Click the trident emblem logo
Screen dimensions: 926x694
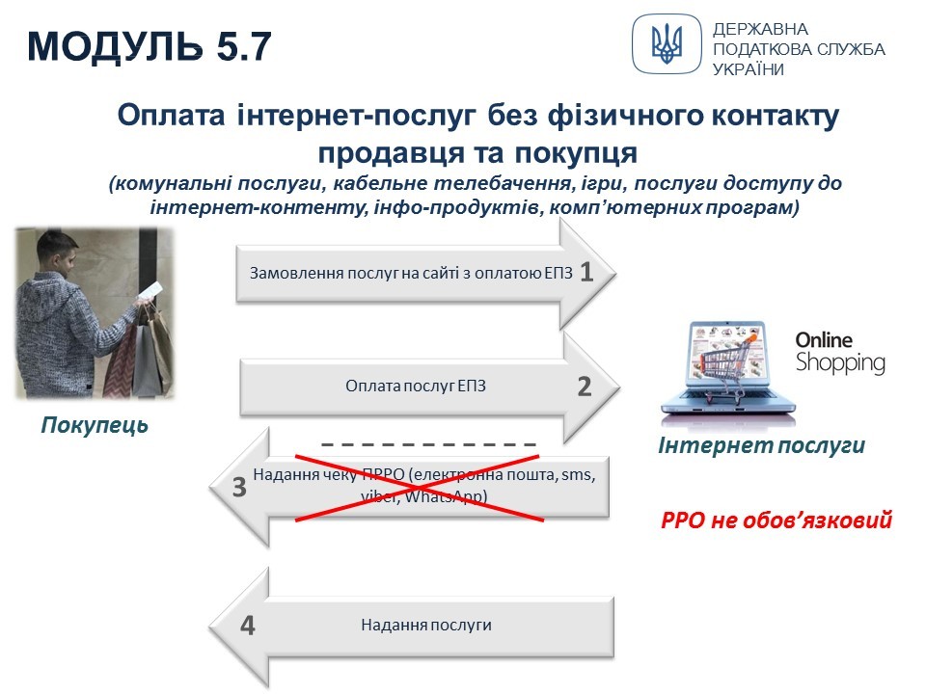[x=667, y=43]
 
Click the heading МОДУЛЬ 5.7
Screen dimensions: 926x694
[x=150, y=46]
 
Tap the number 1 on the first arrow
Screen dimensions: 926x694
[x=586, y=272]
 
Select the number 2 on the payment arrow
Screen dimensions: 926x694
[x=585, y=387]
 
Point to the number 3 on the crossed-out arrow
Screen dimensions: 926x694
[x=239, y=488]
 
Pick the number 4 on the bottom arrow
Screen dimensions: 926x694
[x=248, y=626]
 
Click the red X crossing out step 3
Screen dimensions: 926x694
[x=420, y=488]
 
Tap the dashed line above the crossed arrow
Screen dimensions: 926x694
[x=428, y=444]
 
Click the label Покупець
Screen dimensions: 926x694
[x=95, y=425]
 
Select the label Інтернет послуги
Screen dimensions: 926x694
[x=761, y=445]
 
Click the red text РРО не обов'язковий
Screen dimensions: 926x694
[x=776, y=520]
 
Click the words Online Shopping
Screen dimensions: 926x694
[x=840, y=353]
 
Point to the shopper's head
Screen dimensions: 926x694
[x=58, y=254]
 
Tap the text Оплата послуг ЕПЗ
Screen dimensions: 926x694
[x=416, y=386]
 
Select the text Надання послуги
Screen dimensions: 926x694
[x=426, y=625]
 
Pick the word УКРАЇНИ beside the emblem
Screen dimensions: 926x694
[x=749, y=69]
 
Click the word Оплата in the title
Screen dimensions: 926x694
[x=172, y=115]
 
